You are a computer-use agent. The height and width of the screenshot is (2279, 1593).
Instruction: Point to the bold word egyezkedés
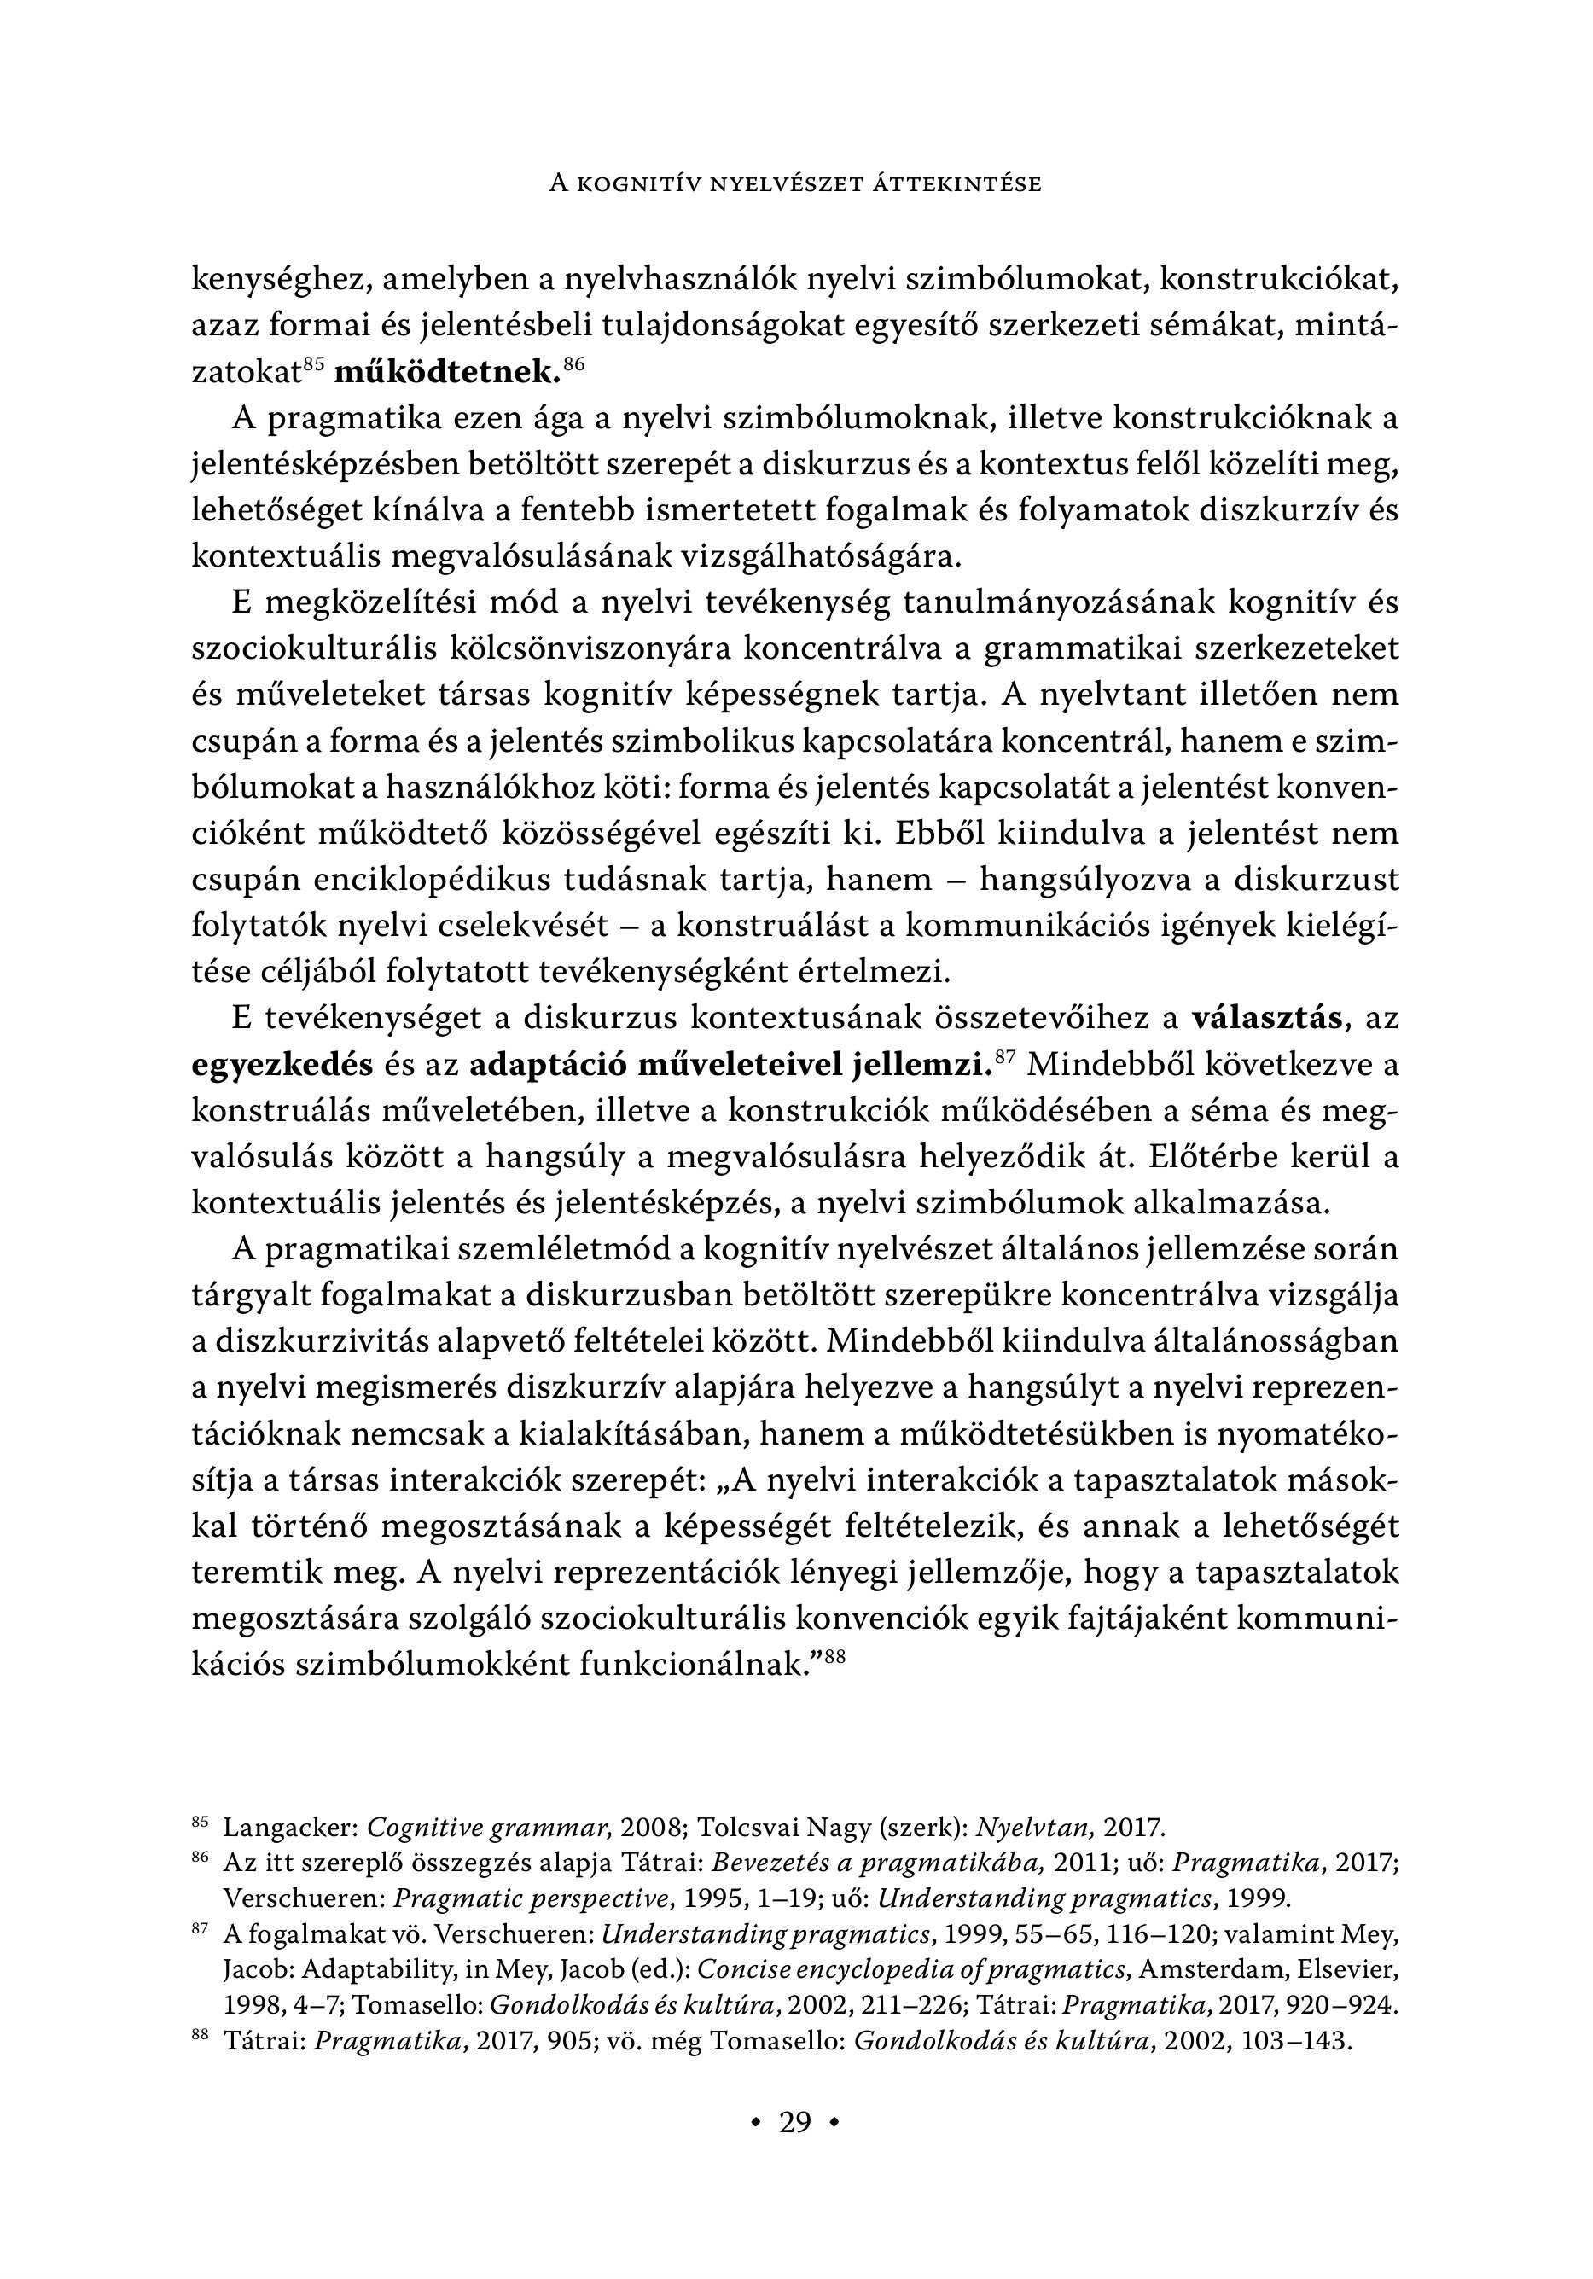click(x=282, y=1065)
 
